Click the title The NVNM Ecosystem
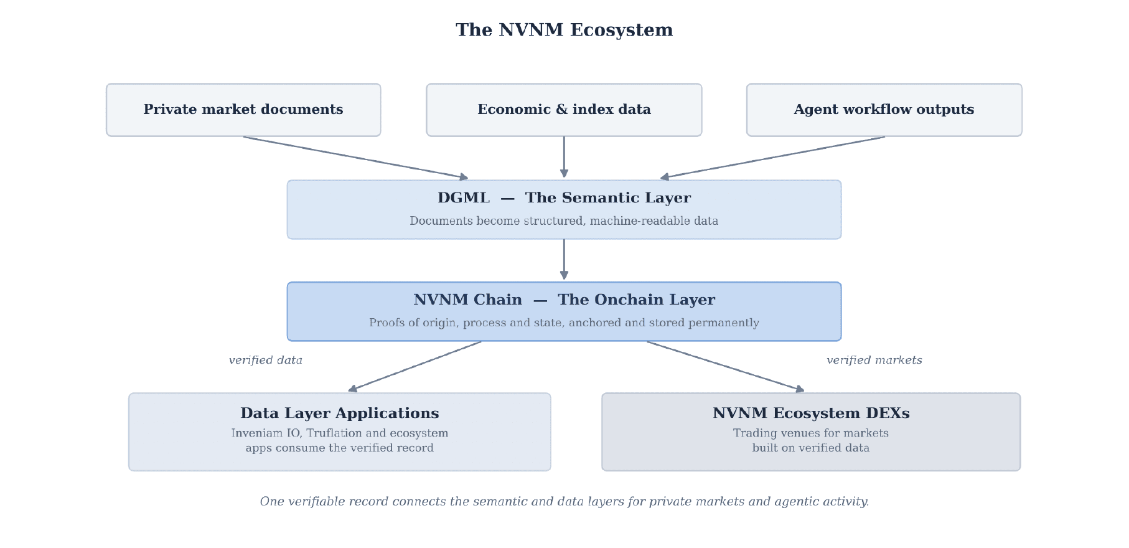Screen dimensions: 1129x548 click(564, 30)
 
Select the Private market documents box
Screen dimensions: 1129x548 click(243, 110)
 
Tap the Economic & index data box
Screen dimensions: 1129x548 click(564, 110)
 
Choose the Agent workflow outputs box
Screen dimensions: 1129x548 click(884, 110)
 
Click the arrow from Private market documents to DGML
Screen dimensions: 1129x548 click(355, 158)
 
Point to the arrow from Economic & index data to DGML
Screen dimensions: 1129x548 click(564, 157)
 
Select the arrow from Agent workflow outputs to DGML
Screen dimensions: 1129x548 click(772, 158)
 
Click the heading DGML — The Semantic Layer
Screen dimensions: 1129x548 click(564, 198)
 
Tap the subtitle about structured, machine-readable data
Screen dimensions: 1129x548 click(564, 221)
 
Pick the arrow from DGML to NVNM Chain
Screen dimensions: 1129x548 click(564, 260)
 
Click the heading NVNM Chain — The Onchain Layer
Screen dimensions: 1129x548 click(564, 300)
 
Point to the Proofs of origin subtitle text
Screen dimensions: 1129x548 click(564, 323)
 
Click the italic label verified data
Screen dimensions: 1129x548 click(266, 360)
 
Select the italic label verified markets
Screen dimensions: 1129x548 click(874, 360)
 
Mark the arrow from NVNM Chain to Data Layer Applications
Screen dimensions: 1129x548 click(415, 366)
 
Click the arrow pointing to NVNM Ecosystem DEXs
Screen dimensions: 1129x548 click(726, 366)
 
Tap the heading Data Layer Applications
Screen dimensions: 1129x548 click(340, 413)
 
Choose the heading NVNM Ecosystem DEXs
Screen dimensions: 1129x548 click(811, 413)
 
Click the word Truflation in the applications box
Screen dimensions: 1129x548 click(334, 433)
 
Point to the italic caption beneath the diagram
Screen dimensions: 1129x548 click(564, 502)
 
